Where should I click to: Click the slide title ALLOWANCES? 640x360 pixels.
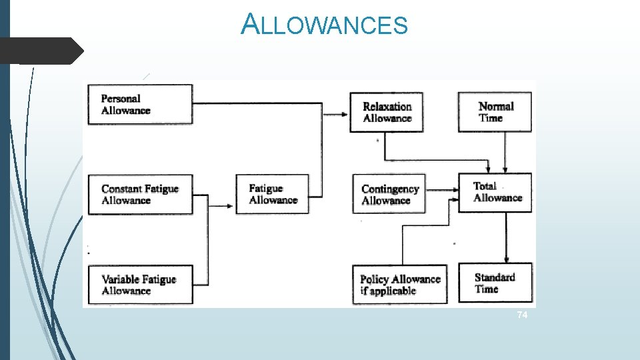click(x=324, y=25)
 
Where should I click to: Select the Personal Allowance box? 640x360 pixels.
click(x=140, y=105)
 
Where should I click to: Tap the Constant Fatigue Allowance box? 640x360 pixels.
click(x=140, y=195)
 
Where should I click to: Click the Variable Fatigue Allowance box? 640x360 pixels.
click(x=140, y=285)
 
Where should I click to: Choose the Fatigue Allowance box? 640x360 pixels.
click(x=273, y=194)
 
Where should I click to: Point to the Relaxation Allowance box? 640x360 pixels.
click(x=387, y=112)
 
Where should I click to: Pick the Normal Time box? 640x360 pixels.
click(x=495, y=112)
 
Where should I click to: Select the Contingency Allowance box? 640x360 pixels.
click(x=390, y=195)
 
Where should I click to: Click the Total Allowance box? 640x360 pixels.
click(x=495, y=193)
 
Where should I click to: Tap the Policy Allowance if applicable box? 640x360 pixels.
click(x=400, y=285)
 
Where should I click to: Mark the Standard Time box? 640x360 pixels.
click(x=495, y=283)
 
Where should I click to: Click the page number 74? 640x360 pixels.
click(x=522, y=315)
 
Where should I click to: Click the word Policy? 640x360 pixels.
click(x=375, y=279)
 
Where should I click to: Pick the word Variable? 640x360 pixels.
click(x=120, y=279)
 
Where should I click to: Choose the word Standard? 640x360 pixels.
click(x=495, y=277)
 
